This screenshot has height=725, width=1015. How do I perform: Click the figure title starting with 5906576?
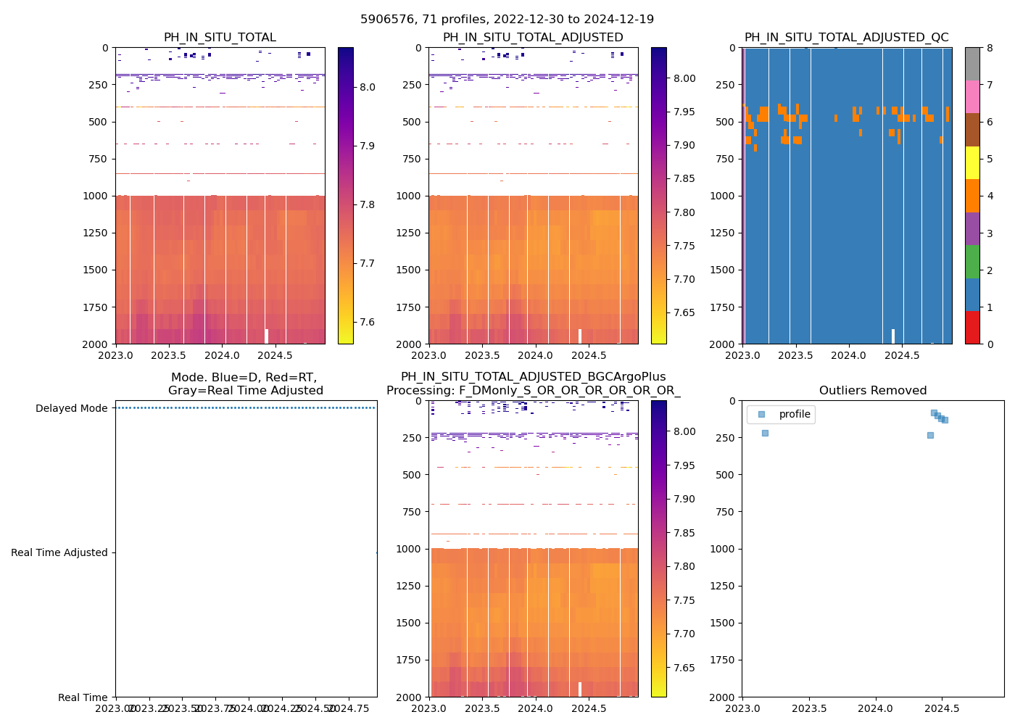507,20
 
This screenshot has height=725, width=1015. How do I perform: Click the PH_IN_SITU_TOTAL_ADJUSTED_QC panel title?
846,38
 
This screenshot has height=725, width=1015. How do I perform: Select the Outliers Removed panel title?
873,391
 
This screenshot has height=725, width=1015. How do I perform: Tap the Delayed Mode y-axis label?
71,408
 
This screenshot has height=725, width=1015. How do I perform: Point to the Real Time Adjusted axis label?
59,552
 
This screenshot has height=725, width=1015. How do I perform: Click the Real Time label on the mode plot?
83,697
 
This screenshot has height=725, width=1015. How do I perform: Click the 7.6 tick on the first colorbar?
368,322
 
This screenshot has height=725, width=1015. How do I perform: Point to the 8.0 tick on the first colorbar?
368,87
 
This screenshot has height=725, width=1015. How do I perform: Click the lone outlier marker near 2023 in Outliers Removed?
765,433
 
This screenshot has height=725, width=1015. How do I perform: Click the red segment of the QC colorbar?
972,328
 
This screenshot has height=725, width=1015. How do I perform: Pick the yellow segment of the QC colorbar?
972,162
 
